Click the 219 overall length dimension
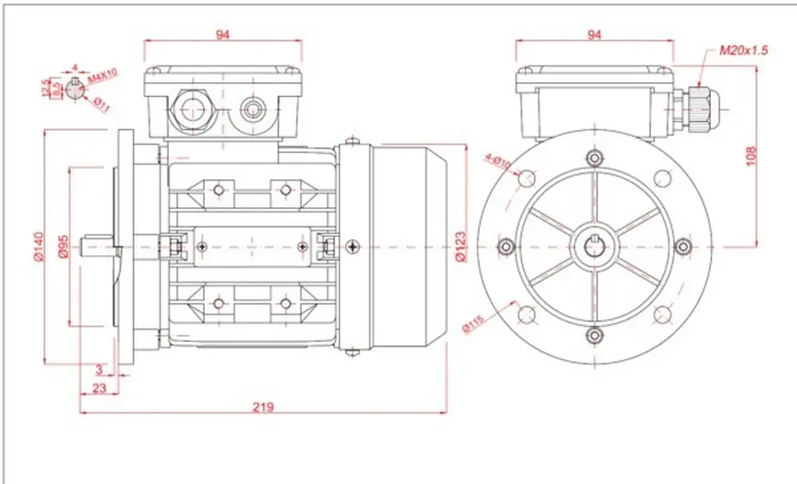coord(263,407)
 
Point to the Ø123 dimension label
coord(460,248)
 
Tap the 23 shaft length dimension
coord(99,388)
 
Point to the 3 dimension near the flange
coord(99,370)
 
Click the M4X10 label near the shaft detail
coord(103,73)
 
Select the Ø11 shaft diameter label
coord(101,103)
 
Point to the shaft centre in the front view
coord(594,246)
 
